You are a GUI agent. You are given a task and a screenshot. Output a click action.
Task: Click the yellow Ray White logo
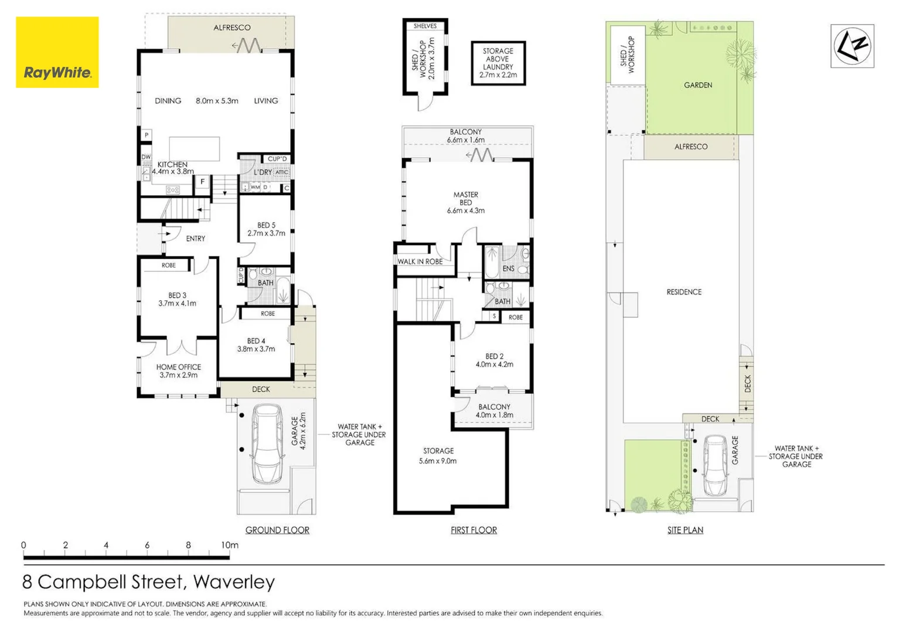click(x=57, y=52)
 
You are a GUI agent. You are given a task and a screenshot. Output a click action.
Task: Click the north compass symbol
click(x=852, y=46)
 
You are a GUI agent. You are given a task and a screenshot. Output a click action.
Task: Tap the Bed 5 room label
click(x=266, y=229)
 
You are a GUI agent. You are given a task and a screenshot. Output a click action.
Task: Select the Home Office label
click(x=178, y=371)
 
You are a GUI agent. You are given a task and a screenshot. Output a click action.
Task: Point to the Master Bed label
click(x=465, y=202)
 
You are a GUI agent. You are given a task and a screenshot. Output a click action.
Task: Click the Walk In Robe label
click(x=420, y=261)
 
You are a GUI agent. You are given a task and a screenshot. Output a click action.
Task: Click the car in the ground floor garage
click(x=267, y=444)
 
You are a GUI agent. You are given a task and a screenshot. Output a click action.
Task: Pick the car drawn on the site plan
click(x=716, y=465)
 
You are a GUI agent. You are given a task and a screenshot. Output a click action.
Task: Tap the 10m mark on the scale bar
click(x=230, y=545)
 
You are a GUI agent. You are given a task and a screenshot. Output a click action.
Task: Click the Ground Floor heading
click(x=277, y=530)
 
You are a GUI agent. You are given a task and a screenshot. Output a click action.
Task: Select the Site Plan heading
click(x=685, y=530)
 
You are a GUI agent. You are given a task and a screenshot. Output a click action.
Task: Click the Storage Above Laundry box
click(x=498, y=63)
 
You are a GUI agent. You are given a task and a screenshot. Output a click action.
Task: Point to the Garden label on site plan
click(x=698, y=85)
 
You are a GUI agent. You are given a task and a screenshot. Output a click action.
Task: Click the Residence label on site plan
click(x=684, y=292)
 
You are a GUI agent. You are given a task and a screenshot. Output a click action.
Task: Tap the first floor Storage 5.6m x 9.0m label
click(x=438, y=455)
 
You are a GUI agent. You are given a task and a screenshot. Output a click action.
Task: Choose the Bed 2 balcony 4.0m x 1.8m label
click(x=494, y=410)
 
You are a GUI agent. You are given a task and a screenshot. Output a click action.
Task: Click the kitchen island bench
click(x=195, y=149)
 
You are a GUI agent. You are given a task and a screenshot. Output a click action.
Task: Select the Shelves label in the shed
click(x=425, y=26)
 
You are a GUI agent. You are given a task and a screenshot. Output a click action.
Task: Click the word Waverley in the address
click(x=234, y=582)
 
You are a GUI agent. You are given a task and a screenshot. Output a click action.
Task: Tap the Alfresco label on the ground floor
click(x=231, y=28)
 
